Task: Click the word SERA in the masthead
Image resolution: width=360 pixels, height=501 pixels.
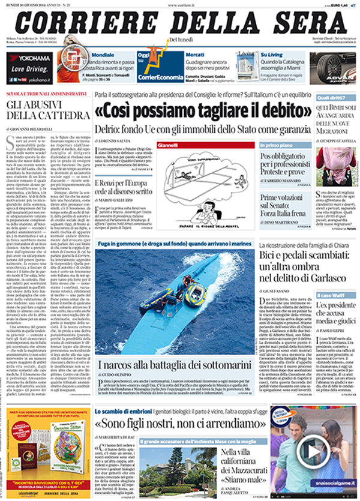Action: coord(302,23)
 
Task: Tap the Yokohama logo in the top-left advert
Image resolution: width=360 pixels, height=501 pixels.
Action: coord(29,58)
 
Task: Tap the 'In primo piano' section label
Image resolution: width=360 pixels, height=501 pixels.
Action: coord(278,146)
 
